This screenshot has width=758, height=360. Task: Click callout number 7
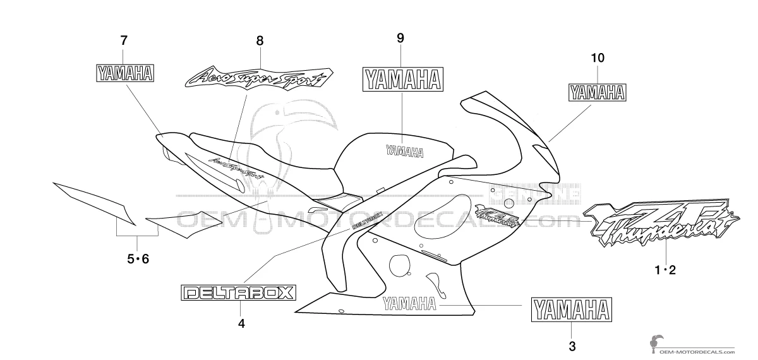(124, 40)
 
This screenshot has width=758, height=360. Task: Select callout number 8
(260, 40)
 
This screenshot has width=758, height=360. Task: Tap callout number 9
(400, 38)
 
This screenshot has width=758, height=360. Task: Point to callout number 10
(598, 58)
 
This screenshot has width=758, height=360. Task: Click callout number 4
(241, 324)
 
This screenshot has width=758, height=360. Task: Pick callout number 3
(572, 346)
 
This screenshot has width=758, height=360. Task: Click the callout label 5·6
(138, 258)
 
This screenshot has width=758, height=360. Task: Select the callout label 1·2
(665, 270)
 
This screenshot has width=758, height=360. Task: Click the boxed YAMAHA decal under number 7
(124, 74)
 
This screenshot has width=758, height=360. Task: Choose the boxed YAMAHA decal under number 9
(402, 81)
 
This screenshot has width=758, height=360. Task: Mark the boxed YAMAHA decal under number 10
(598, 93)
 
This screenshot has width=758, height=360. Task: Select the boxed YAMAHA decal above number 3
(571, 310)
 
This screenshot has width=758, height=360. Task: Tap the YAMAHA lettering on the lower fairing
(409, 303)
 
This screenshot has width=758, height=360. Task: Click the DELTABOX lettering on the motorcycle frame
(358, 219)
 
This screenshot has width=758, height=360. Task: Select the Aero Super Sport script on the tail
(235, 165)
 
